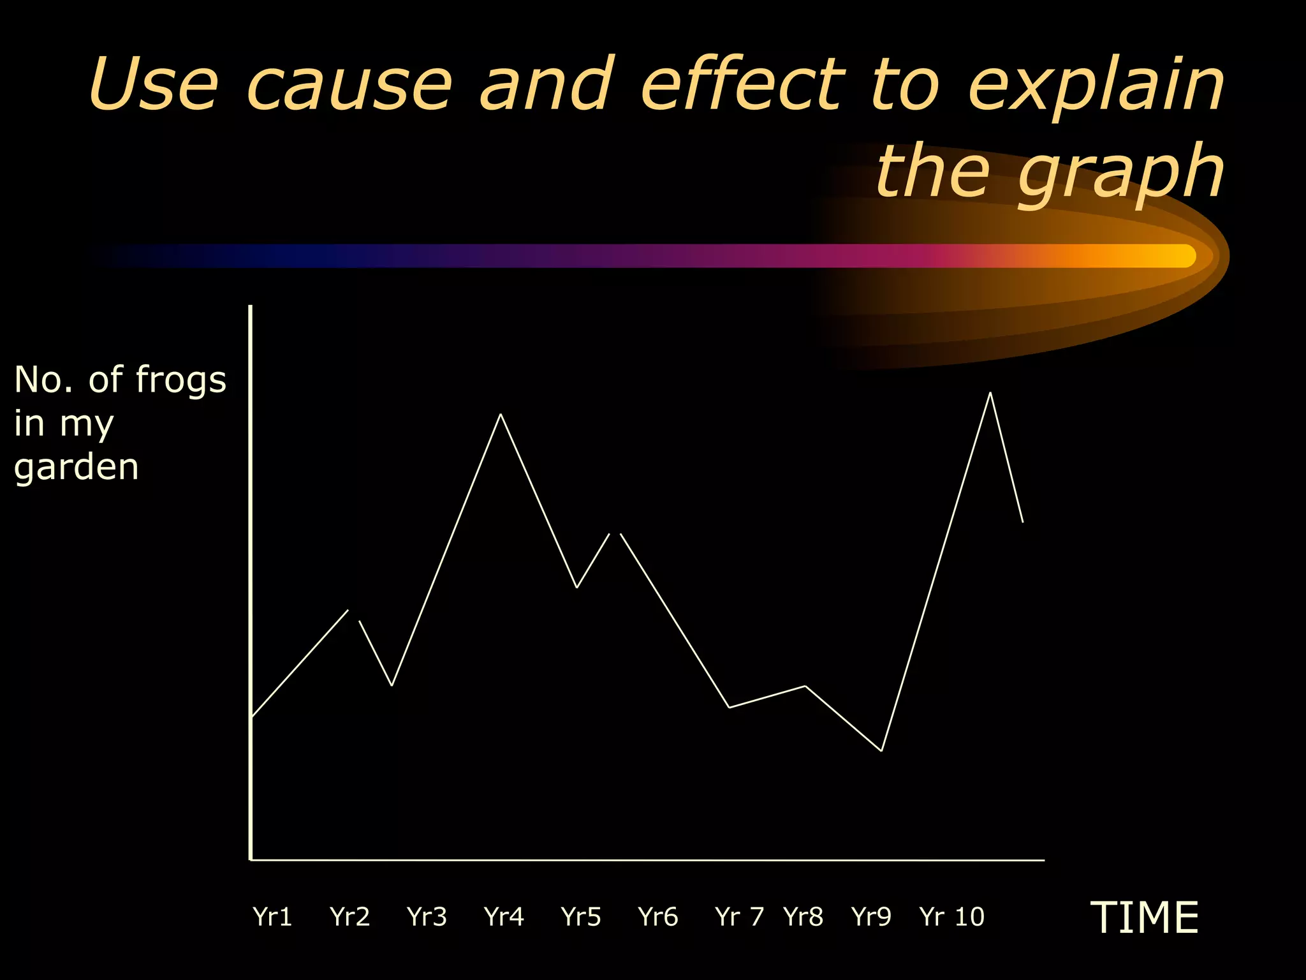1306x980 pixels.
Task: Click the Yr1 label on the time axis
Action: coord(272,917)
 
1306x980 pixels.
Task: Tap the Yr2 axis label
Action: coord(349,917)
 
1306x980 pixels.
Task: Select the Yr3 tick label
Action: coord(427,917)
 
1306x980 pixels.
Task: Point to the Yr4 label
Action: coord(504,917)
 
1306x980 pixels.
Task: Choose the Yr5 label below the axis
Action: coord(581,917)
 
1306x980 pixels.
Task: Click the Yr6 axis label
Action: coord(658,917)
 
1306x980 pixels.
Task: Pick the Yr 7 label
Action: coord(739,917)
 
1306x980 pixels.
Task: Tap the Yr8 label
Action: coord(803,917)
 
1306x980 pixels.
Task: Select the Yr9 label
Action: coord(871,917)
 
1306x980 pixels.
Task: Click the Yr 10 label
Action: coord(951,917)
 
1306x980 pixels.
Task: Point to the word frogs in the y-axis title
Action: coord(181,381)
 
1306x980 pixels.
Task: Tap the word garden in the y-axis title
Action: coord(77,468)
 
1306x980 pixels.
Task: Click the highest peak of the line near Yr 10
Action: coord(990,393)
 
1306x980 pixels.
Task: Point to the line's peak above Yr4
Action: coord(501,415)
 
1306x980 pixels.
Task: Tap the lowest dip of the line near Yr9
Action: coord(881,750)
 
